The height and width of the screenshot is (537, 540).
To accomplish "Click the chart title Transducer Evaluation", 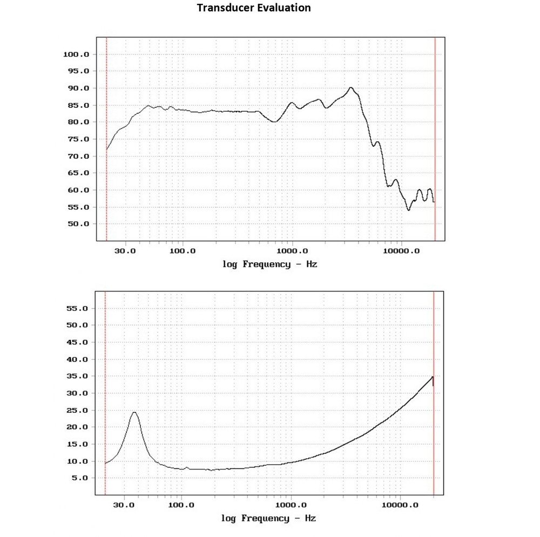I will pos(253,8).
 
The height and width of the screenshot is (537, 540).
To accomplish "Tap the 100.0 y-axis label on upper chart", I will pos(76,55).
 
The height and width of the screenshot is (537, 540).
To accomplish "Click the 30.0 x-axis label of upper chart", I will pos(126,251).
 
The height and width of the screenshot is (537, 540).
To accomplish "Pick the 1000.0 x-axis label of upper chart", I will pos(292,251).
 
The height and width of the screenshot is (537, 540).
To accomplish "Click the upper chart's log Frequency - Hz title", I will pos(269,264).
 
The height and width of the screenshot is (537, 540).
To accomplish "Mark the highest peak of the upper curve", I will pos(351,87).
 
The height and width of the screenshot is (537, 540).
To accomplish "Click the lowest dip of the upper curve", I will pos(409,209).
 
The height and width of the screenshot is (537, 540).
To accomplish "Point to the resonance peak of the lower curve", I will pos(134,412).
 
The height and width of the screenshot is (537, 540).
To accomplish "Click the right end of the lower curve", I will pos(433,377).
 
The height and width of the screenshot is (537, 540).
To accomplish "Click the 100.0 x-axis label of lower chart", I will pos(181,505).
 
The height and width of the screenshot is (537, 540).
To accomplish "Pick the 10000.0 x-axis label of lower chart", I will pos(400,505).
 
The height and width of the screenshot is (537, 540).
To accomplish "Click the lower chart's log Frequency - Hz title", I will pos(268,519).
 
